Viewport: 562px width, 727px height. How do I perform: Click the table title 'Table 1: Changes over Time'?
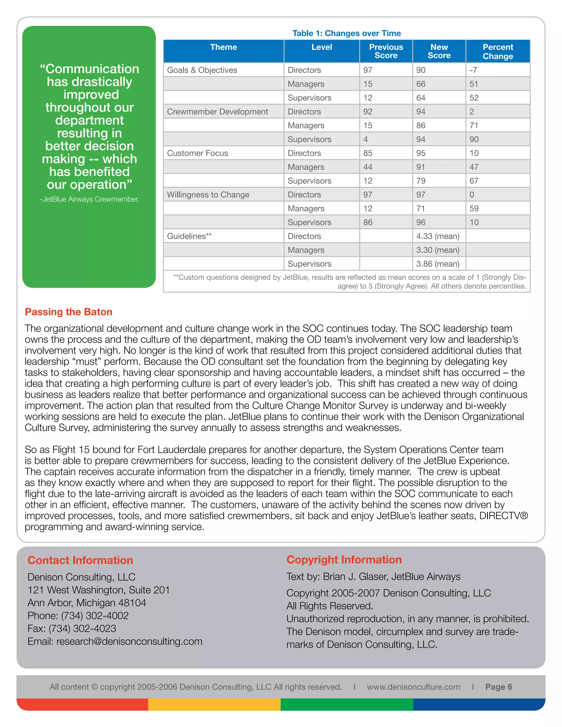point(346,33)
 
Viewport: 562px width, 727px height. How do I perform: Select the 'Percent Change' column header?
point(498,52)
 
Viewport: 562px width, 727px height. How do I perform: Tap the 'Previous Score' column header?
point(386,51)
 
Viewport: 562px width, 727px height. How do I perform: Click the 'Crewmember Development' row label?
point(217,111)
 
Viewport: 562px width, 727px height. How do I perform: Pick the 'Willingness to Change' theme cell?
point(208,195)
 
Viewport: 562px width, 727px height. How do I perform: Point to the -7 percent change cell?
point(473,70)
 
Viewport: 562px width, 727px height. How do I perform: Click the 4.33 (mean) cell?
point(437,236)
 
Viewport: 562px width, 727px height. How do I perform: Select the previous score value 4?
point(366,139)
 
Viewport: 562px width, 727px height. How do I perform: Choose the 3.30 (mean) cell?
point(437,250)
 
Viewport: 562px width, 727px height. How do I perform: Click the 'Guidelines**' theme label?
point(189,236)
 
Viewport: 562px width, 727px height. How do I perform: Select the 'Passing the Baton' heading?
point(69,312)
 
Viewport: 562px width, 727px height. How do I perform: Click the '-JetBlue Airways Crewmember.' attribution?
point(89,199)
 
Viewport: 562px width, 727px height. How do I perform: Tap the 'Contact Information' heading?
point(80,560)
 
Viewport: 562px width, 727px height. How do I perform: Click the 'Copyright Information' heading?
point(344,560)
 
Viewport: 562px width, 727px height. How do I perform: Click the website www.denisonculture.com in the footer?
point(414,687)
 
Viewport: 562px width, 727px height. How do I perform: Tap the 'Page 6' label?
point(498,687)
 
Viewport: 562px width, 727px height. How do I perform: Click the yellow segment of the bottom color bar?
point(214,704)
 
